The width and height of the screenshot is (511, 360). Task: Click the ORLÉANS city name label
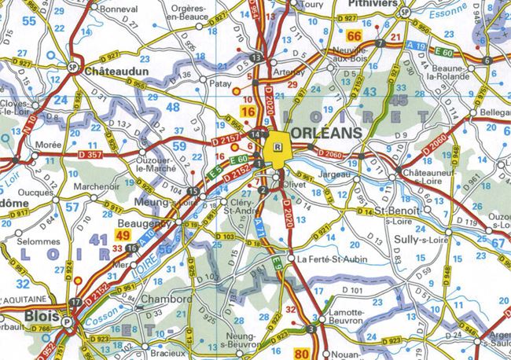click(328, 132)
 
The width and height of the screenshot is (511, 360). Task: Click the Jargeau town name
click(334, 174)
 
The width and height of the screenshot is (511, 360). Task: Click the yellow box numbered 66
click(355, 36)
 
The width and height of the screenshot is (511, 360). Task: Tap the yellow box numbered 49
click(123, 235)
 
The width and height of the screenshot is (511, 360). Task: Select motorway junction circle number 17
click(75, 302)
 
